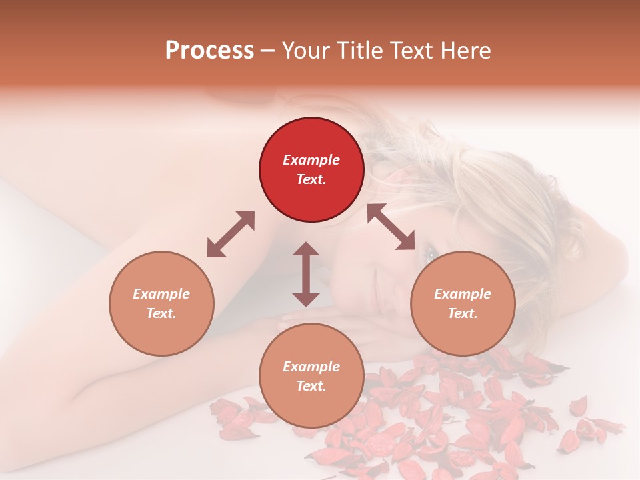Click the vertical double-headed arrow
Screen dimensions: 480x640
pyautogui.click(x=306, y=274)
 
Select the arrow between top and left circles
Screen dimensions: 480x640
pyautogui.click(x=231, y=234)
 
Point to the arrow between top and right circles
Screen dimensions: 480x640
pyautogui.click(x=391, y=227)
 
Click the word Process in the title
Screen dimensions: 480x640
pyautogui.click(x=209, y=50)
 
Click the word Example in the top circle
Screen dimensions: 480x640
pyautogui.click(x=311, y=160)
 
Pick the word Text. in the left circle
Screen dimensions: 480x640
pyautogui.click(x=161, y=313)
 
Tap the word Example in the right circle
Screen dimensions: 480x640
pyautogui.click(x=463, y=294)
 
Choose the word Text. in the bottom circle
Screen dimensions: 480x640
pyautogui.click(x=311, y=386)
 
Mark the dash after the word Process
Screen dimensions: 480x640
pyautogui.click(x=268, y=51)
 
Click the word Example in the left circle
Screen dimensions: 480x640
pyautogui.click(x=161, y=294)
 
